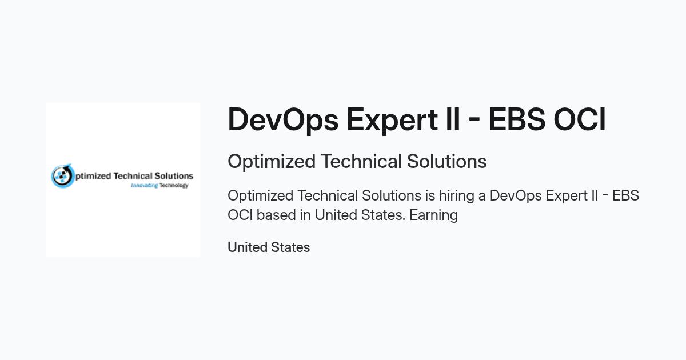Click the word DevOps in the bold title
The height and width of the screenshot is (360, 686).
click(283, 120)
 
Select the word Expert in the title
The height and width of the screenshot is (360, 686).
click(392, 120)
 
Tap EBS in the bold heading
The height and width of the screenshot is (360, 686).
click(517, 119)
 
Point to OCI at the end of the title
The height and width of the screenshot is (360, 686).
click(580, 119)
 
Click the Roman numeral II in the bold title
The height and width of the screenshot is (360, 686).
click(453, 119)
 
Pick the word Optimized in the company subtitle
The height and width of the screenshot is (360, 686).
click(272, 162)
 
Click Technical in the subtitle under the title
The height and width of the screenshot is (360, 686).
click(361, 161)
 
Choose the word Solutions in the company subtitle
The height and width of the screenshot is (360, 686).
click(447, 161)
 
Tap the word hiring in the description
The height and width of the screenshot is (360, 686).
click(457, 196)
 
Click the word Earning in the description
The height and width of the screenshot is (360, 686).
click(434, 215)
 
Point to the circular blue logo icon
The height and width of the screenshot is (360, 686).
click(62, 176)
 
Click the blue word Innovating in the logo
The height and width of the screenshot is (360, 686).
click(144, 185)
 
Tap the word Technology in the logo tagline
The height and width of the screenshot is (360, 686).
click(174, 185)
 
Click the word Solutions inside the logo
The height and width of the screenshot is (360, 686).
click(174, 176)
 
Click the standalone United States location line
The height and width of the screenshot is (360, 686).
click(269, 247)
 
